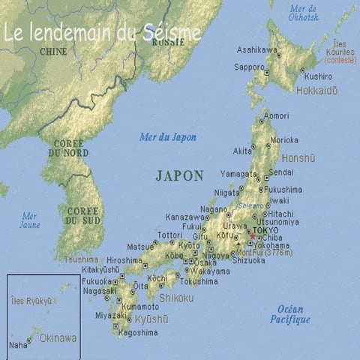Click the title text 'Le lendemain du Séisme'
click(102, 33)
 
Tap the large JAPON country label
click(179, 175)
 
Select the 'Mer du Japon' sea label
click(168, 137)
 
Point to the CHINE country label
click(52, 52)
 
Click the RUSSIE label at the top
click(168, 42)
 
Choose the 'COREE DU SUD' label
click(82, 216)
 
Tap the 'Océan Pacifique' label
click(290, 314)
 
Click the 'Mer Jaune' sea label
click(29, 220)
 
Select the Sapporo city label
click(249, 67)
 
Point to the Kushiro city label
click(318, 76)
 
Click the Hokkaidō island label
click(316, 91)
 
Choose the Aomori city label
click(276, 115)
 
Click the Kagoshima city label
click(138, 332)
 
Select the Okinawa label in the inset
click(58, 338)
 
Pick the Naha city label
click(18, 345)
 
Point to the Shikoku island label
click(175, 298)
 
